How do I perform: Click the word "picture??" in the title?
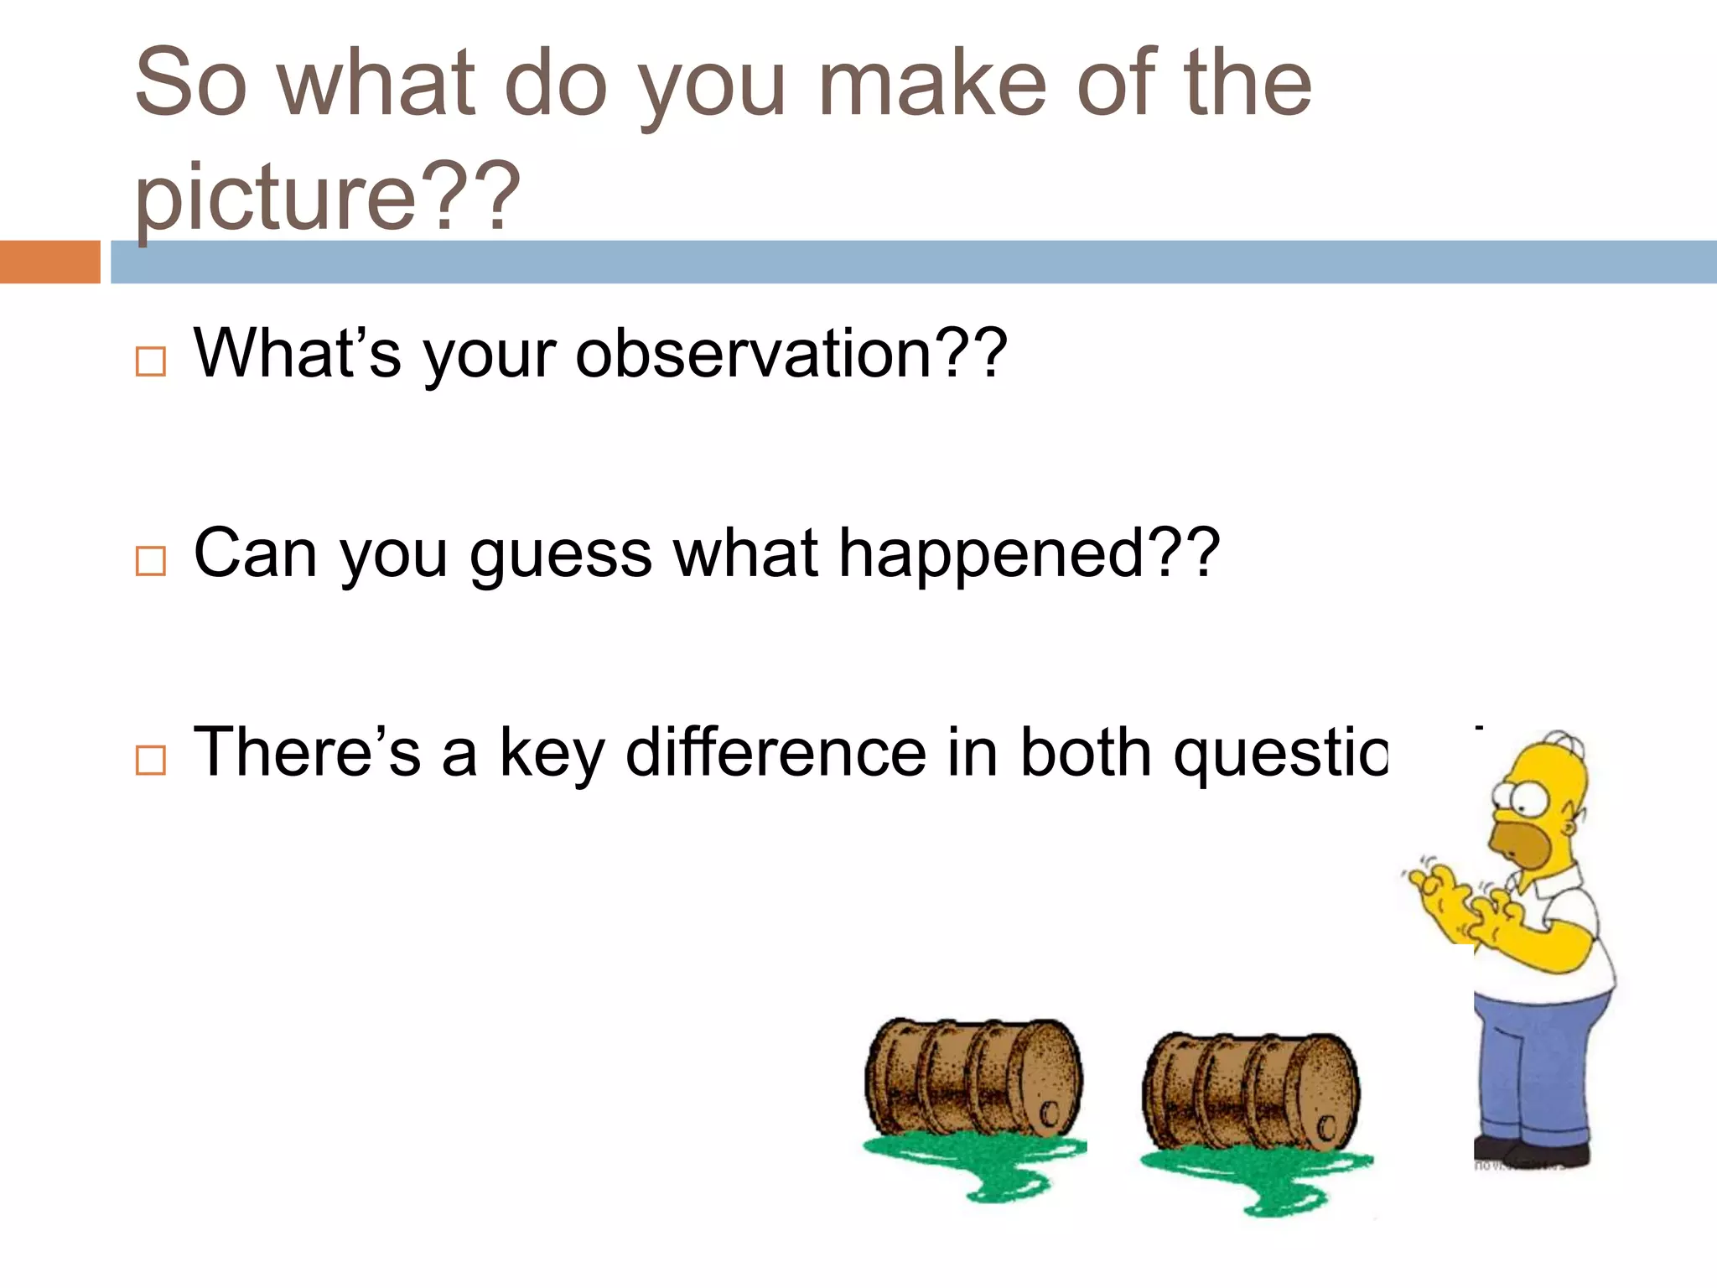pos(327,197)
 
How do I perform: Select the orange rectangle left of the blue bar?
pos(49,262)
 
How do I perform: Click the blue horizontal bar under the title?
pos(914,262)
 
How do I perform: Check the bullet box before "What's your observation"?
pos(151,361)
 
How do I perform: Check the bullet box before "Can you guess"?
pos(151,560)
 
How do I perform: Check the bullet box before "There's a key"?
pos(151,760)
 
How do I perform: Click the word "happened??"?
pos(1029,553)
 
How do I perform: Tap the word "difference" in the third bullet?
pos(776,752)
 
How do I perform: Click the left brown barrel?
pos(973,1078)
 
